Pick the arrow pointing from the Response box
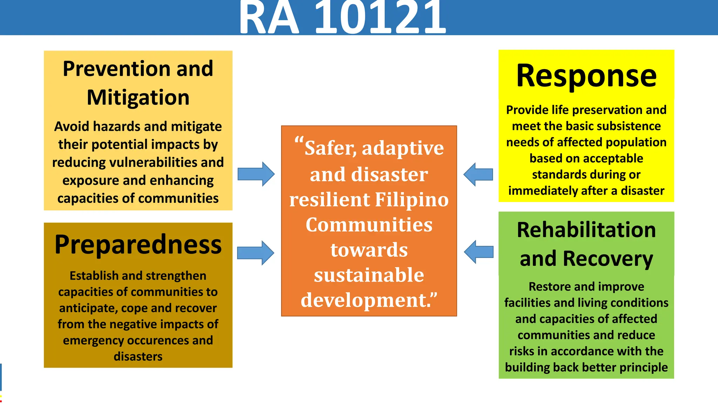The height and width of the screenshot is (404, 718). point(478,174)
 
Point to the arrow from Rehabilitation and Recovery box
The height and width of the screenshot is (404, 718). point(479,252)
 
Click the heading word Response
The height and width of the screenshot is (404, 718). point(586,76)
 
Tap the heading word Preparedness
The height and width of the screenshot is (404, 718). point(138,244)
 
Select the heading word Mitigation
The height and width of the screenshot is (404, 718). point(138,97)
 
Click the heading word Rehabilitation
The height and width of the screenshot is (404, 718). point(586,230)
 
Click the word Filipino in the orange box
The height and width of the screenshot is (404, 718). point(412,200)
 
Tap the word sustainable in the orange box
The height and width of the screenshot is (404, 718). point(369,275)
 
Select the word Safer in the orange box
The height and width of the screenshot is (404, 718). point(330,148)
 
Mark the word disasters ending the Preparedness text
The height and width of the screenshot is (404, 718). point(138,356)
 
